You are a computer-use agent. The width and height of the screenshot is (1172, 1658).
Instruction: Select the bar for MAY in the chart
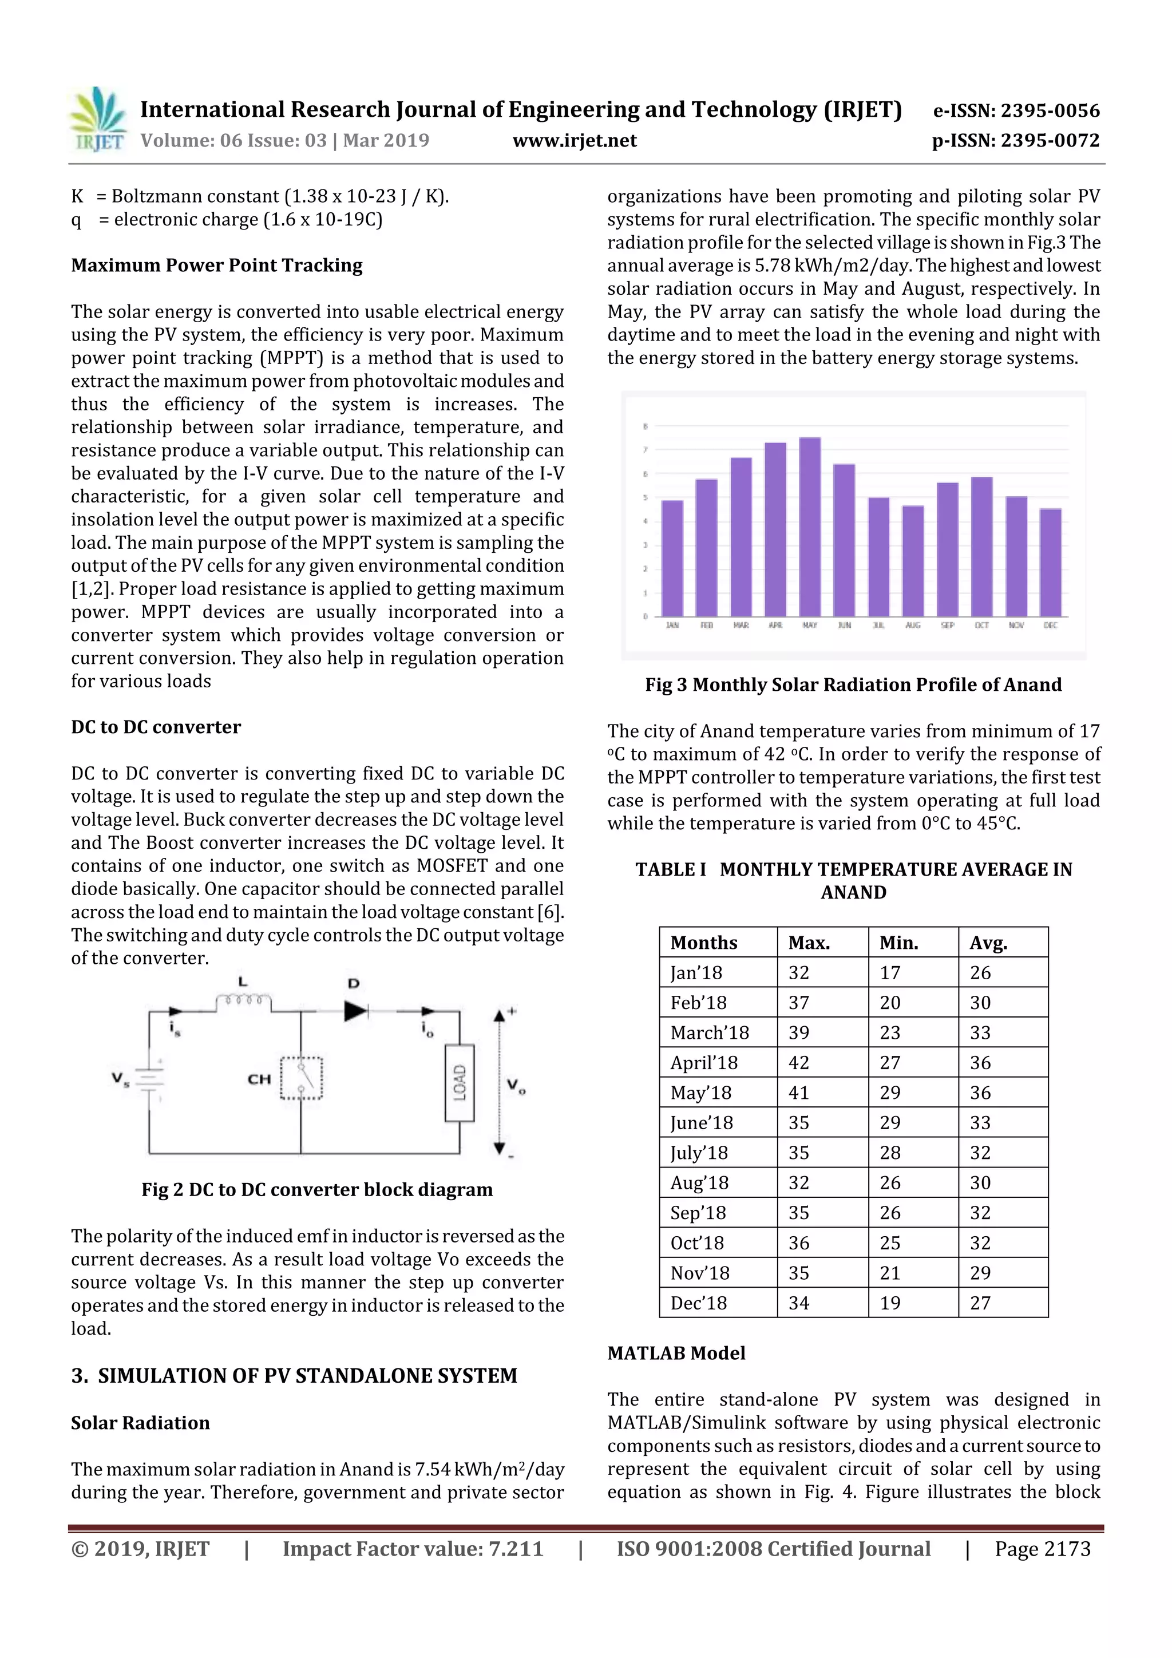tap(810, 527)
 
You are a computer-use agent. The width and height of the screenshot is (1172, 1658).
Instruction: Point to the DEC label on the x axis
tap(1050, 626)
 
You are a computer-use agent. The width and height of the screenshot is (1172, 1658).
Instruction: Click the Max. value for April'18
tap(799, 1063)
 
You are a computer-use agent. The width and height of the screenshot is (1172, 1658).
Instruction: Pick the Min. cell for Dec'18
tap(890, 1303)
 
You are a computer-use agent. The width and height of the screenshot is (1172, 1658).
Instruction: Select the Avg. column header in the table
tap(988, 943)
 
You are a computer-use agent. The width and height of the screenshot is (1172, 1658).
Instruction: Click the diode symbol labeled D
tap(355, 1011)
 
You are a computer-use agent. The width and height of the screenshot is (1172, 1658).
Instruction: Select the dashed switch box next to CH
tap(301, 1078)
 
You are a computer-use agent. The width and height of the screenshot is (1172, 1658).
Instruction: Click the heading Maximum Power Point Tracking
tap(217, 266)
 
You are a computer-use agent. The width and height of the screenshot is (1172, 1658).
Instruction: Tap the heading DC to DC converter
tap(156, 727)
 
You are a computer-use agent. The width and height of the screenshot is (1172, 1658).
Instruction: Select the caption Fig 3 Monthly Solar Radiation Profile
tap(853, 684)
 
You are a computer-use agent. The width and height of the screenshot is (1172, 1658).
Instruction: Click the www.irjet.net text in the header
tap(574, 141)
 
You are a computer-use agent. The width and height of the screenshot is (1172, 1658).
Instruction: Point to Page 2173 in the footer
tap(1042, 1549)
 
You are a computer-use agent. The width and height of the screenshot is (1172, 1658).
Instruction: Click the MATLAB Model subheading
tap(676, 1354)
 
